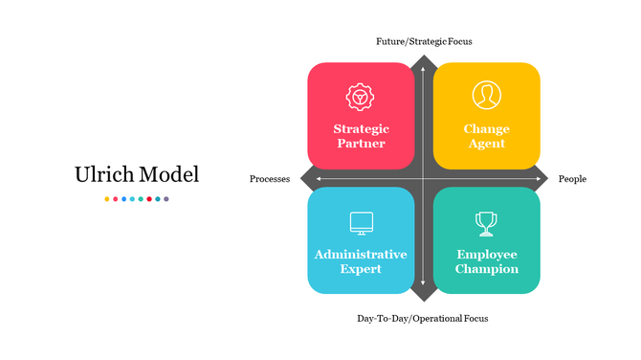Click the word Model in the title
point(169,175)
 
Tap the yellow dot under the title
point(106,199)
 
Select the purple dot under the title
point(166,199)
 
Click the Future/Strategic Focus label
point(423,41)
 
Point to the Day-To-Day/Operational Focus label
point(422,318)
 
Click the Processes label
point(270,179)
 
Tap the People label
point(572,179)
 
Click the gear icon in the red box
point(360,96)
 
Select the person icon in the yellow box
point(486,95)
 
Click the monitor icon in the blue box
point(361,223)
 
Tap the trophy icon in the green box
point(486,223)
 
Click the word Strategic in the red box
point(361,129)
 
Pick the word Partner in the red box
point(361,144)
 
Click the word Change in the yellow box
point(487,129)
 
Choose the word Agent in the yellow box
point(487,144)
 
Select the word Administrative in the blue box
point(361,255)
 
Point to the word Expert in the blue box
point(361,269)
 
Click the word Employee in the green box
point(487,255)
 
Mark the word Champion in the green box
point(487,269)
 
